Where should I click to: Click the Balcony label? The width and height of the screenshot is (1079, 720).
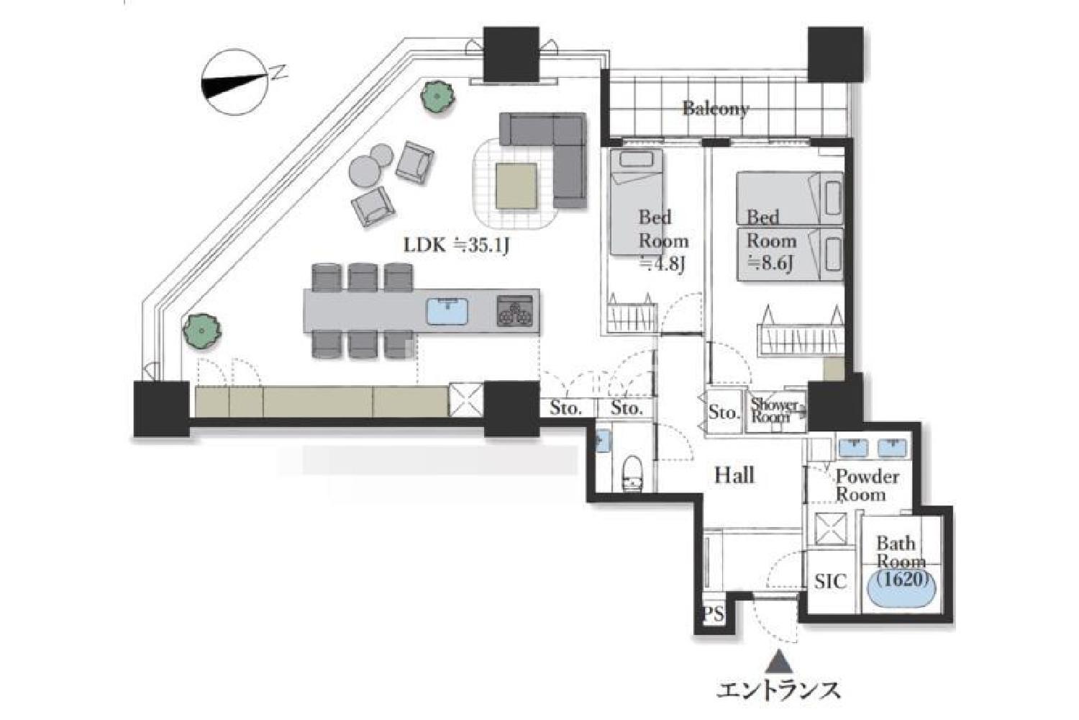[716, 109]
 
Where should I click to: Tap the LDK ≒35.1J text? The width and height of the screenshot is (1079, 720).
[455, 246]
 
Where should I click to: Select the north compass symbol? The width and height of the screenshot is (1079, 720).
[235, 83]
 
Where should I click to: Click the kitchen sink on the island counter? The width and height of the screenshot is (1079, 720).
[447, 311]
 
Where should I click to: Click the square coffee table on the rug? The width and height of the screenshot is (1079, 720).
[516, 186]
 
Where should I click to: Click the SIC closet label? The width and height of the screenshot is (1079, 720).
[830, 582]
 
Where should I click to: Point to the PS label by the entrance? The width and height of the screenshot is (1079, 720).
[714, 614]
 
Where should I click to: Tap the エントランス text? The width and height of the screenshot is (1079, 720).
[778, 691]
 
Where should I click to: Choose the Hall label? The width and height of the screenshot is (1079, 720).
[734, 475]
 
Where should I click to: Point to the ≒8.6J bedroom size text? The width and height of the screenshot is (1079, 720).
[770, 264]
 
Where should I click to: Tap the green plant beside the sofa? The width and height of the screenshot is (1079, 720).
[437, 96]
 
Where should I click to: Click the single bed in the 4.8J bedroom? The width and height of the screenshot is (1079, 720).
[637, 202]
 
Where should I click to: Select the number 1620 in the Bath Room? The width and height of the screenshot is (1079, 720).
[903, 580]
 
